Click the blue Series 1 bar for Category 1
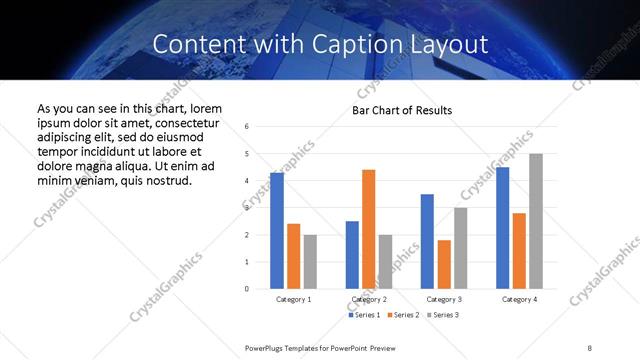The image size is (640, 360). click(277, 230)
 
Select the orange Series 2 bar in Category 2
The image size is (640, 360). click(369, 229)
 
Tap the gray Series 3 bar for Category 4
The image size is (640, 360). click(536, 221)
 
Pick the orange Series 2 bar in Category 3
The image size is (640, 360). click(444, 264)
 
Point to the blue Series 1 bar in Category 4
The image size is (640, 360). click(502, 227)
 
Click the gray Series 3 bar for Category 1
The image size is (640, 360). click(310, 261)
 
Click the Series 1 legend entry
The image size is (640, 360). click(362, 315)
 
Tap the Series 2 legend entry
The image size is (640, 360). click(403, 315)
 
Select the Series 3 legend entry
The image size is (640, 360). click(444, 315)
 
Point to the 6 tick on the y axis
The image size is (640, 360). click(246, 127)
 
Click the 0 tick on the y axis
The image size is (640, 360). click(246, 289)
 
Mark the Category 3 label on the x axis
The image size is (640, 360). click(443, 299)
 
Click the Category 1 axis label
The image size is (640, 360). click(293, 299)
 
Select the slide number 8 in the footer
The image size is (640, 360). click(590, 346)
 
